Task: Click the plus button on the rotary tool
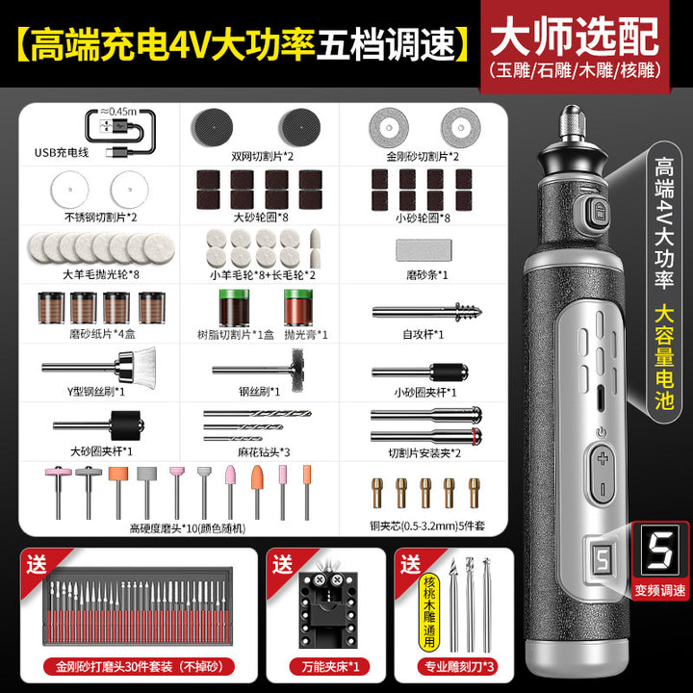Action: click(x=603, y=459)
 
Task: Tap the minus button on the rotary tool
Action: click(x=603, y=489)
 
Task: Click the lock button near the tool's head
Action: click(x=599, y=211)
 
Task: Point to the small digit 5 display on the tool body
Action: click(x=602, y=558)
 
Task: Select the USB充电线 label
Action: click(x=62, y=152)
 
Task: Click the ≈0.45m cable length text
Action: click(x=118, y=112)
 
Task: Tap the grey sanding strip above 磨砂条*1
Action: click(x=423, y=249)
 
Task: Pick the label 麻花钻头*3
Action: click(x=264, y=452)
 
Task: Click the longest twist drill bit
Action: click(x=257, y=414)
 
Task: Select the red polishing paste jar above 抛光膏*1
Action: click(x=298, y=307)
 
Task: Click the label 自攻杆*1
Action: click(x=423, y=334)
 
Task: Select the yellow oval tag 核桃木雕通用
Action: click(x=428, y=612)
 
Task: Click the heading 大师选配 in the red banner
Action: click(x=575, y=36)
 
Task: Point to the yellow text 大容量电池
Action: click(x=663, y=357)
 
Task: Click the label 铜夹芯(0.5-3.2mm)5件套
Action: click(x=427, y=526)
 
